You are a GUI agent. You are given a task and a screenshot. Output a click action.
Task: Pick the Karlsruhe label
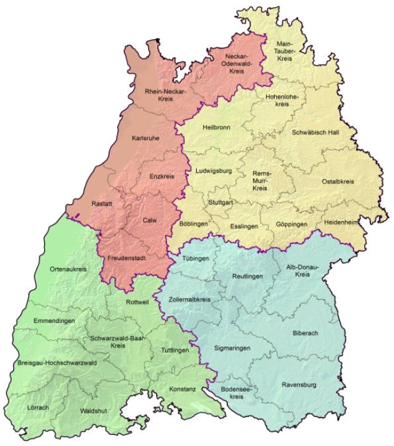[x=146, y=140]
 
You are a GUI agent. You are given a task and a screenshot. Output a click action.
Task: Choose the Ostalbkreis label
[x=338, y=181]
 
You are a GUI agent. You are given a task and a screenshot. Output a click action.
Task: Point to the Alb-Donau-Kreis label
[x=303, y=270]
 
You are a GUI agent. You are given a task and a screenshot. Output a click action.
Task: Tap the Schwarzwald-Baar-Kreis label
[x=119, y=341]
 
